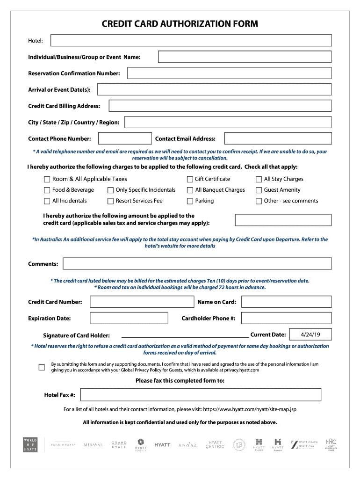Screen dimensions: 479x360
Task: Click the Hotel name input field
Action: click(x=191, y=41)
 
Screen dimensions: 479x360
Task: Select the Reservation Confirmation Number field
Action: click(x=229, y=73)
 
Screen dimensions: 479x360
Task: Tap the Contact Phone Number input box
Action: click(x=125, y=138)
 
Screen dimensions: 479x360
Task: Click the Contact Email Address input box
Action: click(x=278, y=138)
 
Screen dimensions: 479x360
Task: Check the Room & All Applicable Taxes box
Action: click(x=47, y=179)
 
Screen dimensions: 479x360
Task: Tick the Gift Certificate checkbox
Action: click(x=190, y=179)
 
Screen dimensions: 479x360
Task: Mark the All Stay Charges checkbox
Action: click(x=259, y=179)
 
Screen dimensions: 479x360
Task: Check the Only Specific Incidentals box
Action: click(x=111, y=190)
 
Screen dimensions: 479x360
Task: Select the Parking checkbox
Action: click(x=190, y=201)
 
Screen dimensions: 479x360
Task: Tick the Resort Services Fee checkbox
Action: click(x=111, y=201)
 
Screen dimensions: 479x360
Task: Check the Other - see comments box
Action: click(x=259, y=201)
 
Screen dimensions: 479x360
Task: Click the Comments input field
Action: click(x=197, y=264)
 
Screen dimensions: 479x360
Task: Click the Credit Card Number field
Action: click(x=142, y=302)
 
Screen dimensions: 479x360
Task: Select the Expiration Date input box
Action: click(x=129, y=318)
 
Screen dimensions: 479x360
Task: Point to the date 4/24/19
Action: click(x=310, y=334)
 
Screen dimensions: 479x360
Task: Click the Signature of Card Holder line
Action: click(x=185, y=335)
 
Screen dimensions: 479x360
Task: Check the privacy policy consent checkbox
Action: click(x=42, y=367)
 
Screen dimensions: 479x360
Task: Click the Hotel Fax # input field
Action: click(x=201, y=395)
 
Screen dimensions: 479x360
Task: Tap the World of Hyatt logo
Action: click(x=30, y=444)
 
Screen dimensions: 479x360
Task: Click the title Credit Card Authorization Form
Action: click(x=180, y=24)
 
